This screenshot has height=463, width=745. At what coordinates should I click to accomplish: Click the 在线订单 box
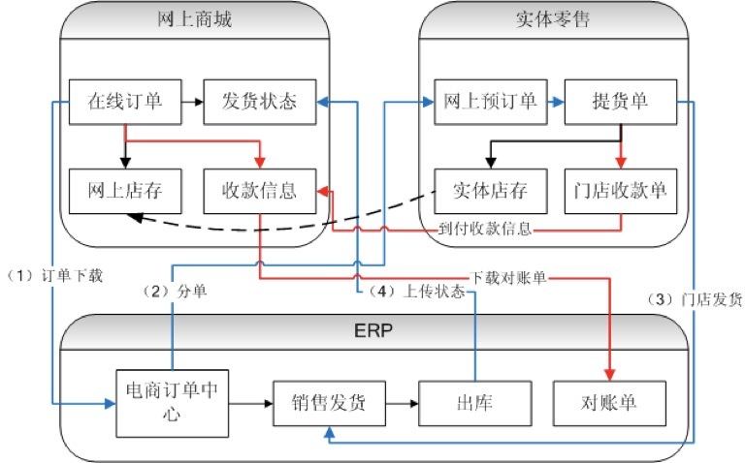pos(125,101)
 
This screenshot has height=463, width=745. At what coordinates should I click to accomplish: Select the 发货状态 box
pos(262,101)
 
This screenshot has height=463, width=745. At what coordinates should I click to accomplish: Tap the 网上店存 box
pos(125,190)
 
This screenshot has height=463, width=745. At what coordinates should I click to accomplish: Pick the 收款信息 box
pos(262,190)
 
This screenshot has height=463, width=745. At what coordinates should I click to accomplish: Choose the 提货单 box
pos(621,101)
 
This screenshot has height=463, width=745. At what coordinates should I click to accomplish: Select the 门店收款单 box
pos(621,190)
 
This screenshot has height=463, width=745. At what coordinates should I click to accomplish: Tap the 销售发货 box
pos(329,398)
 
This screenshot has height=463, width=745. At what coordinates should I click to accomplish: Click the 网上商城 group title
pos(191,19)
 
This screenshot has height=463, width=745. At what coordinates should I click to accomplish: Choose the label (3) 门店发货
pos(695,299)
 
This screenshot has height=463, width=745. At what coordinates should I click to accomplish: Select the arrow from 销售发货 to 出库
pos(403,398)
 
